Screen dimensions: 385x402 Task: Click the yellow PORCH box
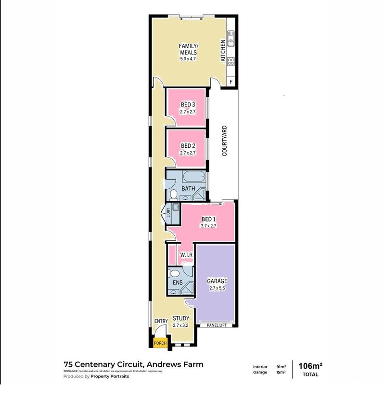coord(160,343)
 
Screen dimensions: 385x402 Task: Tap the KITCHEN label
coord(223,51)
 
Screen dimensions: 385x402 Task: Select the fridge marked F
coord(231,82)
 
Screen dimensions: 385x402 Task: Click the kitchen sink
coord(231,38)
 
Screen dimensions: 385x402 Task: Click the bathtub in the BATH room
coord(194,177)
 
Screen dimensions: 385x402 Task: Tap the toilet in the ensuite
coord(174,273)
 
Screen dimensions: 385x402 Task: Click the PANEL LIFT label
coord(217,325)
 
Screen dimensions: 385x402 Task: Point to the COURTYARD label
coord(225,141)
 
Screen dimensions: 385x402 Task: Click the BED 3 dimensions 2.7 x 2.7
coord(188,112)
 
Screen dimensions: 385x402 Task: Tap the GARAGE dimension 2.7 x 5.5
coord(217,288)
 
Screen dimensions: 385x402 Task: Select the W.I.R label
coord(186,255)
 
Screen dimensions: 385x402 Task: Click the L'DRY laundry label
coord(168,212)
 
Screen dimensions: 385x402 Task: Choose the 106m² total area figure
coord(310,366)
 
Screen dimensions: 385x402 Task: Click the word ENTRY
coord(161,321)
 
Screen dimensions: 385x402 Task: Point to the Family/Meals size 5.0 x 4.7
coord(188,59)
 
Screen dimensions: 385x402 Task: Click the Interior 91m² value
coord(281,367)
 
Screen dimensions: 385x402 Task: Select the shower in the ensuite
coord(187,288)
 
